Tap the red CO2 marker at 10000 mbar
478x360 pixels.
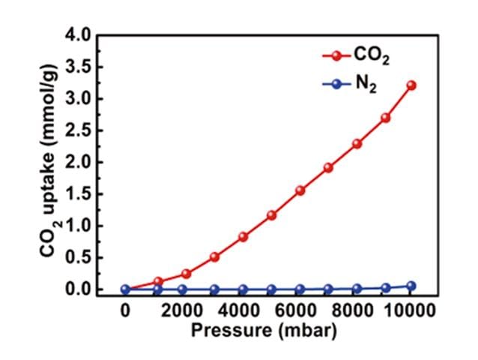click(411, 85)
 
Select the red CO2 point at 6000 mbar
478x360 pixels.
click(300, 190)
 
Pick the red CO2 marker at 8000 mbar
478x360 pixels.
click(357, 143)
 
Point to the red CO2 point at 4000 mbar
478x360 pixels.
click(243, 237)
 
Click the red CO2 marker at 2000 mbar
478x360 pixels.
click(186, 274)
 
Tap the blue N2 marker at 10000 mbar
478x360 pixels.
click(411, 286)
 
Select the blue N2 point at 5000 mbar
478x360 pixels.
click(271, 289)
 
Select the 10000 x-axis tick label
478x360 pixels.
click(410, 309)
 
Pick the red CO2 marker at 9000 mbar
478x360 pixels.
click(385, 118)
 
